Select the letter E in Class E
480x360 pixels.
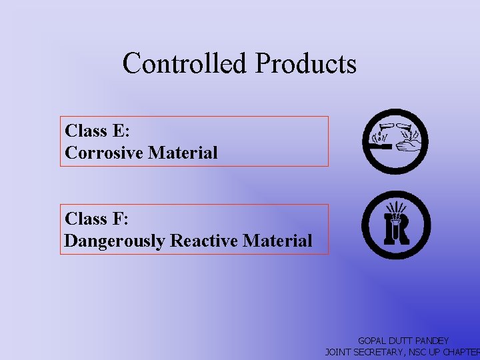pyautogui.click(x=121, y=131)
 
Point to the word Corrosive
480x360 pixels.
pyautogui.click(x=105, y=153)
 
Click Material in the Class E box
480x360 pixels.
pyautogui.click(x=183, y=153)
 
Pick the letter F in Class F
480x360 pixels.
pyautogui.click(x=120, y=219)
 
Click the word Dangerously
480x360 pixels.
pyautogui.click(x=115, y=241)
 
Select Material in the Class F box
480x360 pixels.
pyautogui.click(x=277, y=241)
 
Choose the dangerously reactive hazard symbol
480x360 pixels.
pyautogui.click(x=396, y=225)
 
